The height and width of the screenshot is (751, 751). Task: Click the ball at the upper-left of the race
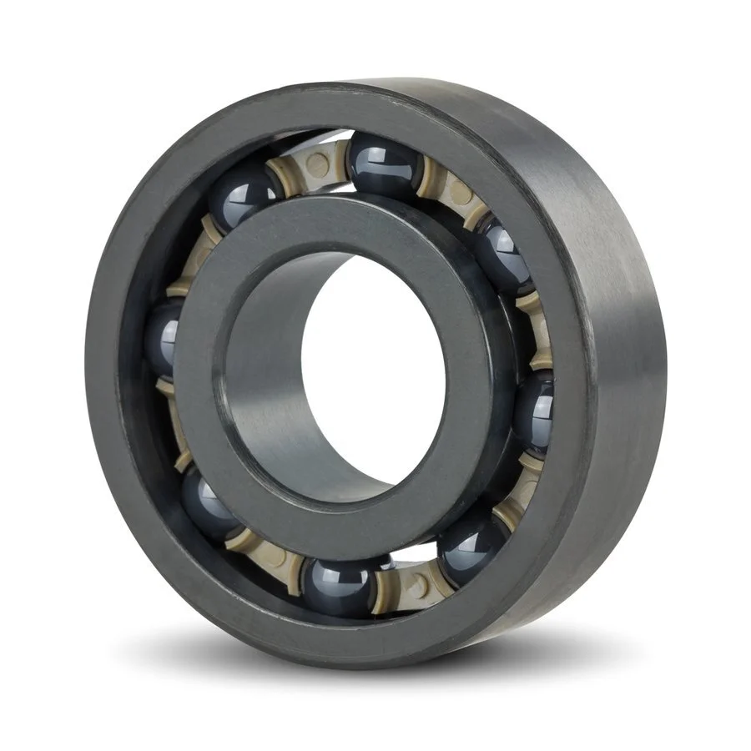click(x=242, y=195)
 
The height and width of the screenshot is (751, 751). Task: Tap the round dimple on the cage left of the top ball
click(x=317, y=165)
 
